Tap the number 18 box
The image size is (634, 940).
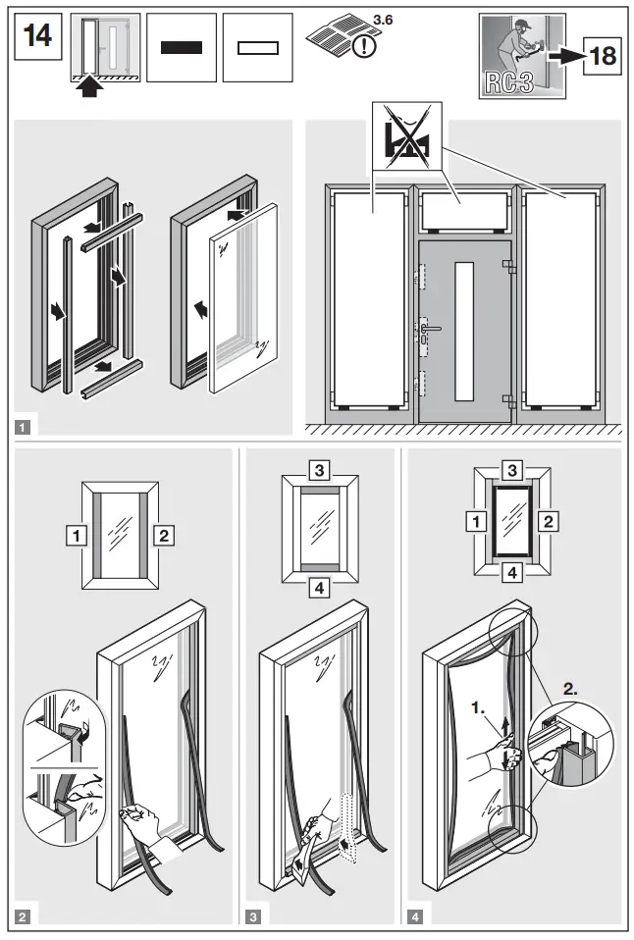click(601, 56)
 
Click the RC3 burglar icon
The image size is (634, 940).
click(522, 56)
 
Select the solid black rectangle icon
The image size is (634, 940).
click(181, 46)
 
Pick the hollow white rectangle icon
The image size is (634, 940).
click(257, 46)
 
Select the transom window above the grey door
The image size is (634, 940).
click(461, 208)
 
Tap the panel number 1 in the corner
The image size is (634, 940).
click(22, 427)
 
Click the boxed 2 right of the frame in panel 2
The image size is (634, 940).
click(164, 536)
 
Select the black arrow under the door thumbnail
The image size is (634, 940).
click(89, 87)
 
